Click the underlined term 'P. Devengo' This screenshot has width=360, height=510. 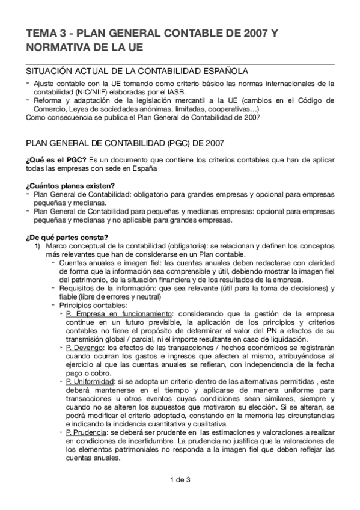pyautogui.click(x=85, y=348)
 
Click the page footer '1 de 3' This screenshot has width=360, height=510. pyautogui.click(x=180, y=479)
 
